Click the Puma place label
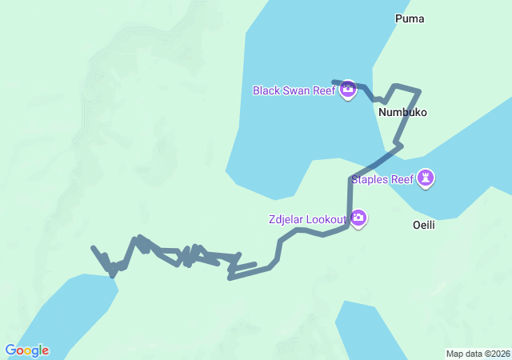click(x=410, y=18)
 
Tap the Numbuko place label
click(x=402, y=113)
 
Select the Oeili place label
click(x=423, y=225)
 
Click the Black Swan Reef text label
click(x=294, y=90)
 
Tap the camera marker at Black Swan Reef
click(x=348, y=90)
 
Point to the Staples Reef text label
click(x=382, y=179)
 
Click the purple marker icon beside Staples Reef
click(x=427, y=178)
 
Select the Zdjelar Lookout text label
click(x=307, y=218)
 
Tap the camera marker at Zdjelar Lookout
click(x=358, y=218)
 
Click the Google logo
click(x=27, y=350)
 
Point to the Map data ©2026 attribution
click(x=478, y=354)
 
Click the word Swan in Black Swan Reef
click(x=297, y=90)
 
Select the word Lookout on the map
click(x=326, y=218)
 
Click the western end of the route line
click(x=94, y=248)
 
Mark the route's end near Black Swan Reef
click(x=334, y=82)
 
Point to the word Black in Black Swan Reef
click(x=266, y=90)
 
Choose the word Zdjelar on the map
click(x=287, y=218)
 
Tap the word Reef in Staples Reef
click(x=401, y=179)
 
